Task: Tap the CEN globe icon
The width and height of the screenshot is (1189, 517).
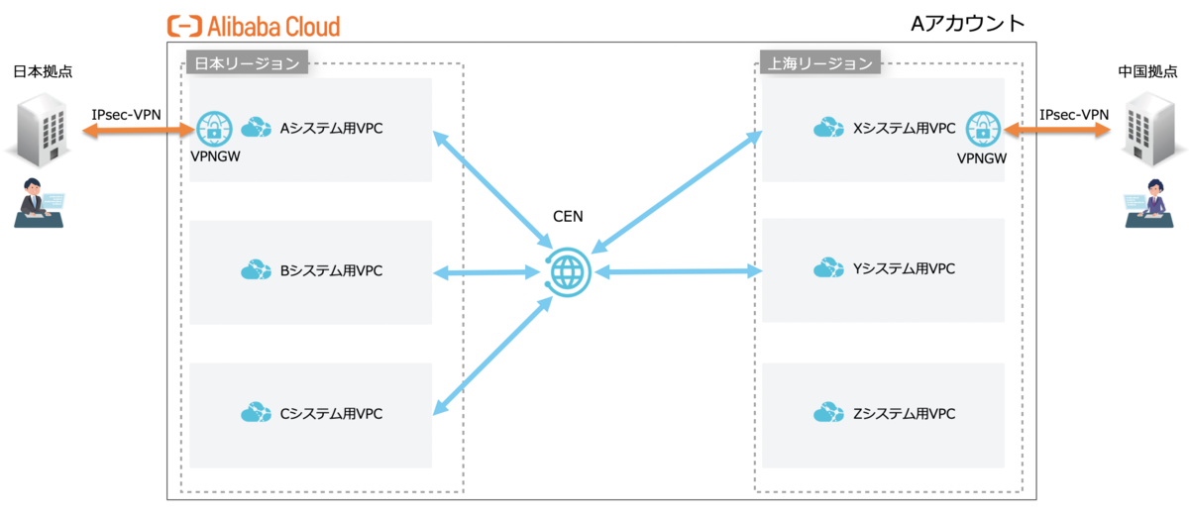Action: click(569, 270)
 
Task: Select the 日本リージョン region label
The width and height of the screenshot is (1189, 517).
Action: click(246, 63)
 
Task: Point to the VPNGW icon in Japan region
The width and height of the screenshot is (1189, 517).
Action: click(213, 129)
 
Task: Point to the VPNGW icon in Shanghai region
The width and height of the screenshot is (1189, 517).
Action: click(982, 129)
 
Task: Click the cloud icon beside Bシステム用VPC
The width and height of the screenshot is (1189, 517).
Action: click(256, 269)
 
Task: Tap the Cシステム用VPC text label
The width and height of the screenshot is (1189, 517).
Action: click(331, 412)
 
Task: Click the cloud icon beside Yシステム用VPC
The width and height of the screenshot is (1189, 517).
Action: click(828, 269)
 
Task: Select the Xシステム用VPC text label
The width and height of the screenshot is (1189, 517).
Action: click(904, 129)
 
